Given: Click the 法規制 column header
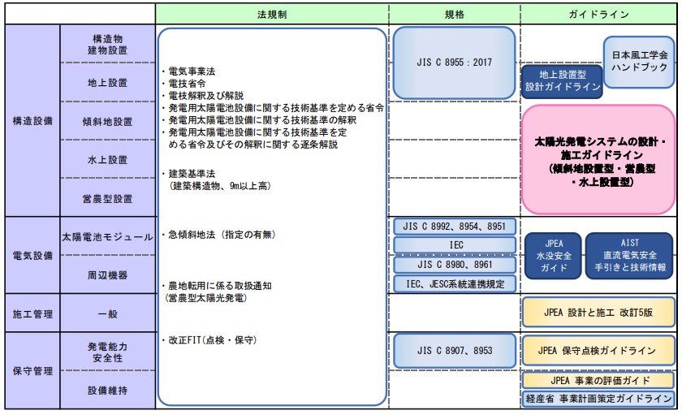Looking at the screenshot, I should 272,14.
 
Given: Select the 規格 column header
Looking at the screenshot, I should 455,14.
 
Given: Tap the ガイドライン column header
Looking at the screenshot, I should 599,14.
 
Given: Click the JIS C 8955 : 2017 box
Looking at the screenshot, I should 455,62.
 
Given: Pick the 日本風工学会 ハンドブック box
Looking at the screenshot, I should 640,60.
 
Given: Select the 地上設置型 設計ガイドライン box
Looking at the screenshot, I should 562,78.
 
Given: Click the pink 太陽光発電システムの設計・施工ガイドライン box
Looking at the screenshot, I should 599,158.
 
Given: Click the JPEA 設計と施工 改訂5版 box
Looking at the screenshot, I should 598,312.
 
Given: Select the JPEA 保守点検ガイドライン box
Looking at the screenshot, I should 598,350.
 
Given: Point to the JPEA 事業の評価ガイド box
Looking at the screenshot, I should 598,379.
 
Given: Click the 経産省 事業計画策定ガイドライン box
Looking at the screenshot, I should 598,399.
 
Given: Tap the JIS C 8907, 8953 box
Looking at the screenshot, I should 455,351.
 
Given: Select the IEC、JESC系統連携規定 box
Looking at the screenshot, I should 455,284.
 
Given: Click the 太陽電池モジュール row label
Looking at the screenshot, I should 107,237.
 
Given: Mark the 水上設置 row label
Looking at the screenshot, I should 107,160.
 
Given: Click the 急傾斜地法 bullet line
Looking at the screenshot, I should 219,235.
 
